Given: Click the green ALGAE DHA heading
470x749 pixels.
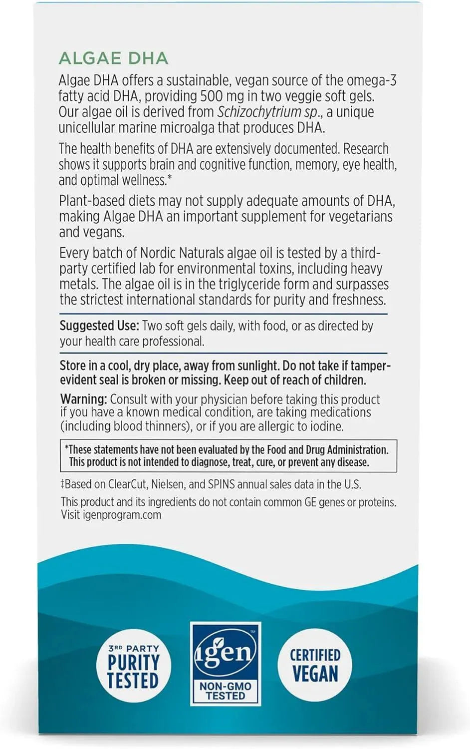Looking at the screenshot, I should click(x=113, y=58).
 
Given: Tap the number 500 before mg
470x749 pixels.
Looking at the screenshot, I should click(x=211, y=96).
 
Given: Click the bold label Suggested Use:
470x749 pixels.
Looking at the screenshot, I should click(x=99, y=326).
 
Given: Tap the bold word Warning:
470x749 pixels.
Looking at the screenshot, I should click(x=83, y=399).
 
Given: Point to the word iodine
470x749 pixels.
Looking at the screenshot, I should click(x=327, y=426).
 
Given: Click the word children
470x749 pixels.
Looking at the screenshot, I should click(x=345, y=380).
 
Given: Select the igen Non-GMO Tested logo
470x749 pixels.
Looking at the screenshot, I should click(x=226, y=663).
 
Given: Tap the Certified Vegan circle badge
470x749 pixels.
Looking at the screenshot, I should click(x=315, y=666).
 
